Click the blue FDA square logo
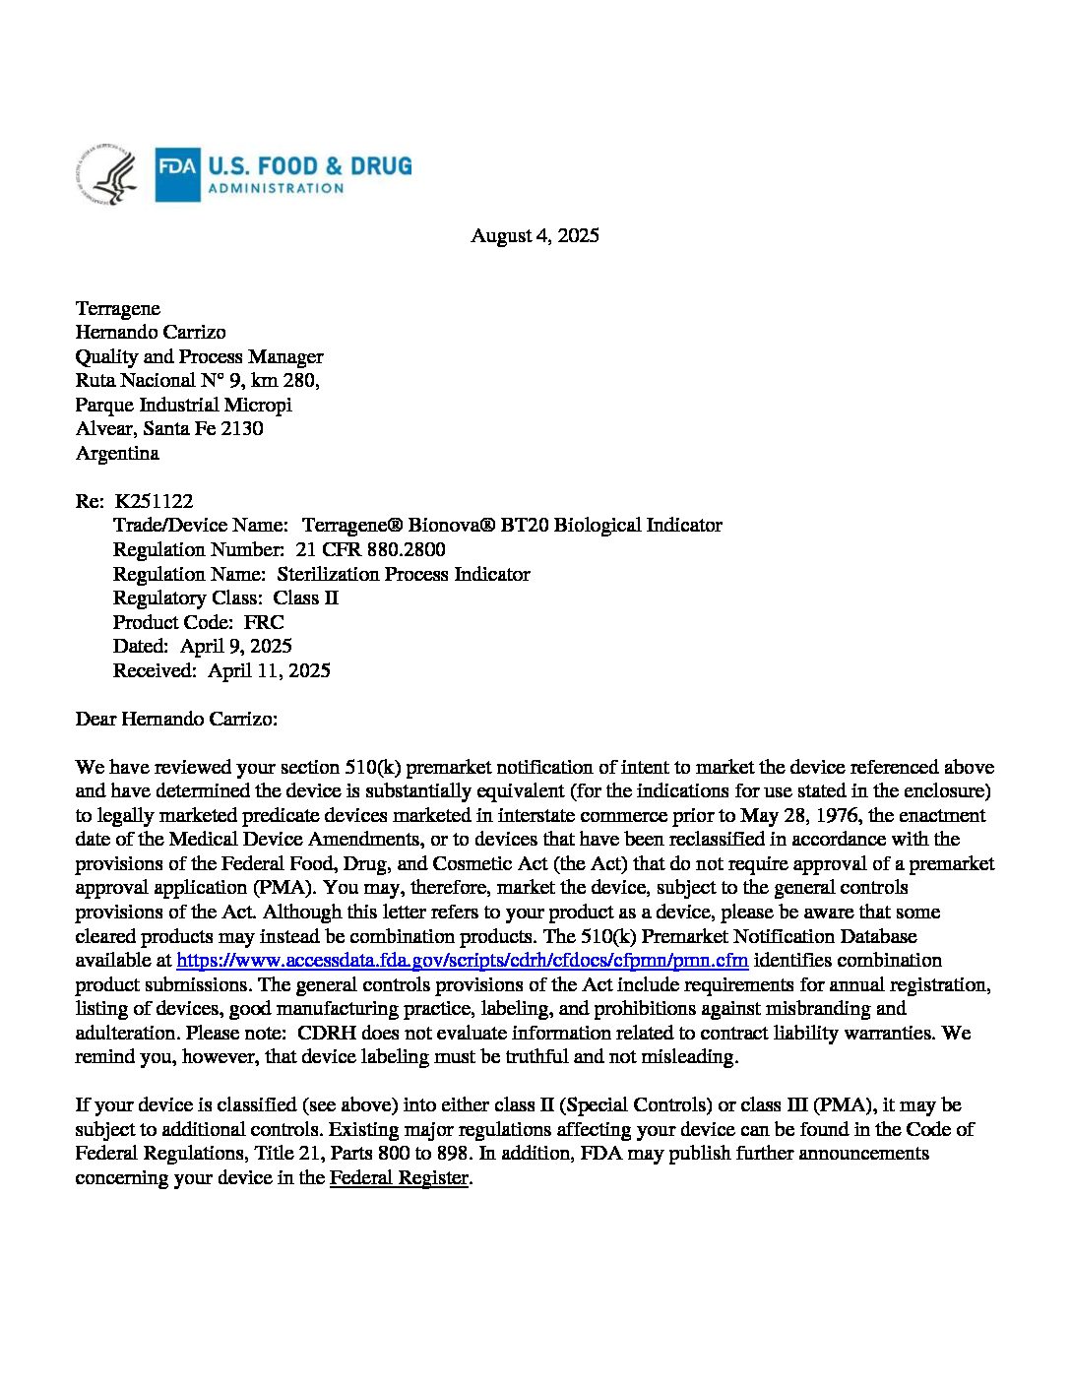(177, 174)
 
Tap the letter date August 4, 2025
(535, 235)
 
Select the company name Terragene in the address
(118, 308)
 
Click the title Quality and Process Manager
(199, 356)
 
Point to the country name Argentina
(117, 453)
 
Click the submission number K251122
(154, 501)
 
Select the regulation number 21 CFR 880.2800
(370, 549)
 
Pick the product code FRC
(264, 622)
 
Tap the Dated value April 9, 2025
(236, 646)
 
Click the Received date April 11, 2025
(270, 670)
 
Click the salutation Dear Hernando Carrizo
(176, 719)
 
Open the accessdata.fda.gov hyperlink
(463, 960)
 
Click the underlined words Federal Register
(399, 1177)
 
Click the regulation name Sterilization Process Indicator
(404, 574)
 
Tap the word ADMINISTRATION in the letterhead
(276, 188)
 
